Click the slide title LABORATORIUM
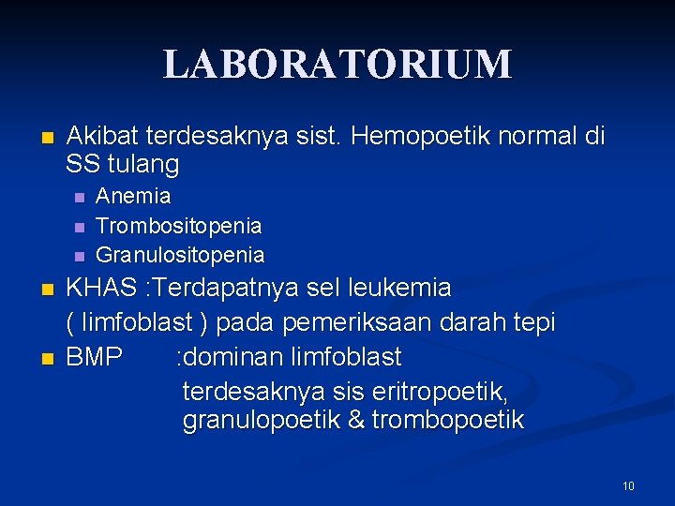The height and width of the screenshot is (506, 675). [337, 64]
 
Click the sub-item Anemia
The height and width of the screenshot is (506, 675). [133, 197]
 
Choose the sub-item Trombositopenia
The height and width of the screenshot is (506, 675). [179, 226]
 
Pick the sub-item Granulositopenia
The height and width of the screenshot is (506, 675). [180, 255]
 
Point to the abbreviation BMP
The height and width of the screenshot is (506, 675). [94, 357]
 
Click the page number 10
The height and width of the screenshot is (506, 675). [628, 485]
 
